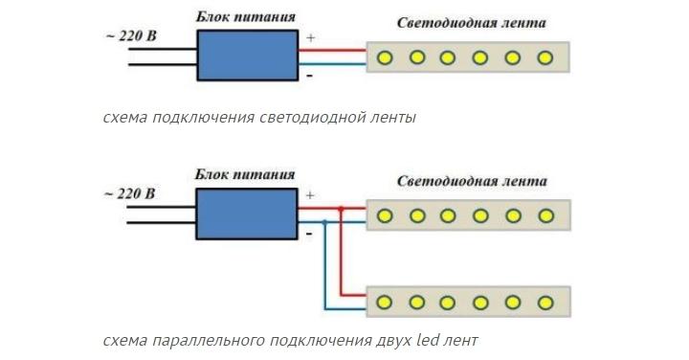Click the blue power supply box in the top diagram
click(x=248, y=55)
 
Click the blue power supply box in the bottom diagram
click(x=248, y=213)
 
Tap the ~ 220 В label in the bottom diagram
click(x=129, y=193)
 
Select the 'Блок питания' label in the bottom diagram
click(x=245, y=174)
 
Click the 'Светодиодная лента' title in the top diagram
click(x=472, y=22)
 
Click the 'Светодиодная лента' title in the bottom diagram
click(x=472, y=181)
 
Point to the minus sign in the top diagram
click(x=308, y=74)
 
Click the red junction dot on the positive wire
click(x=341, y=208)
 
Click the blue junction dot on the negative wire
click(x=325, y=222)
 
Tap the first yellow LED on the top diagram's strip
click(x=385, y=57)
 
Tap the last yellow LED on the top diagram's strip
click(x=545, y=57)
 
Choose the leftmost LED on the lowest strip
click(x=385, y=303)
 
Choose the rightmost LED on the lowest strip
click(x=545, y=303)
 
